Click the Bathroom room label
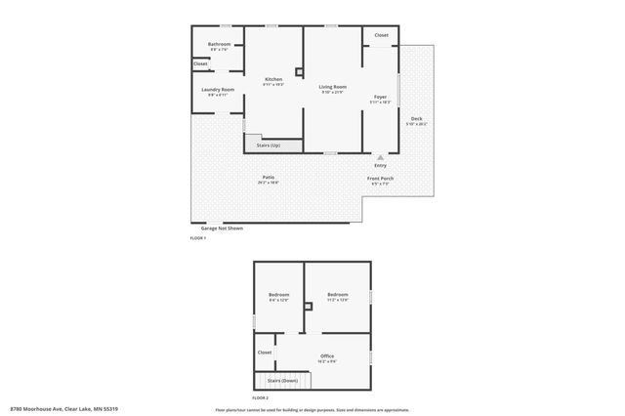(x=219, y=44)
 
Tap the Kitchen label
(x=273, y=79)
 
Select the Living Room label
(x=332, y=87)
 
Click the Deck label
(x=416, y=118)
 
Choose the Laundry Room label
(x=218, y=90)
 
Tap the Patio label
(x=268, y=177)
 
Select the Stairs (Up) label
(x=268, y=146)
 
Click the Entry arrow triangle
(x=380, y=156)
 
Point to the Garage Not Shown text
(x=215, y=228)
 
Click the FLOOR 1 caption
(x=198, y=238)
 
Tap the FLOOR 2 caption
(x=261, y=398)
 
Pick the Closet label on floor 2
(x=265, y=352)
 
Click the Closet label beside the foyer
(x=381, y=35)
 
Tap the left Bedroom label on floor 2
(x=278, y=295)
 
